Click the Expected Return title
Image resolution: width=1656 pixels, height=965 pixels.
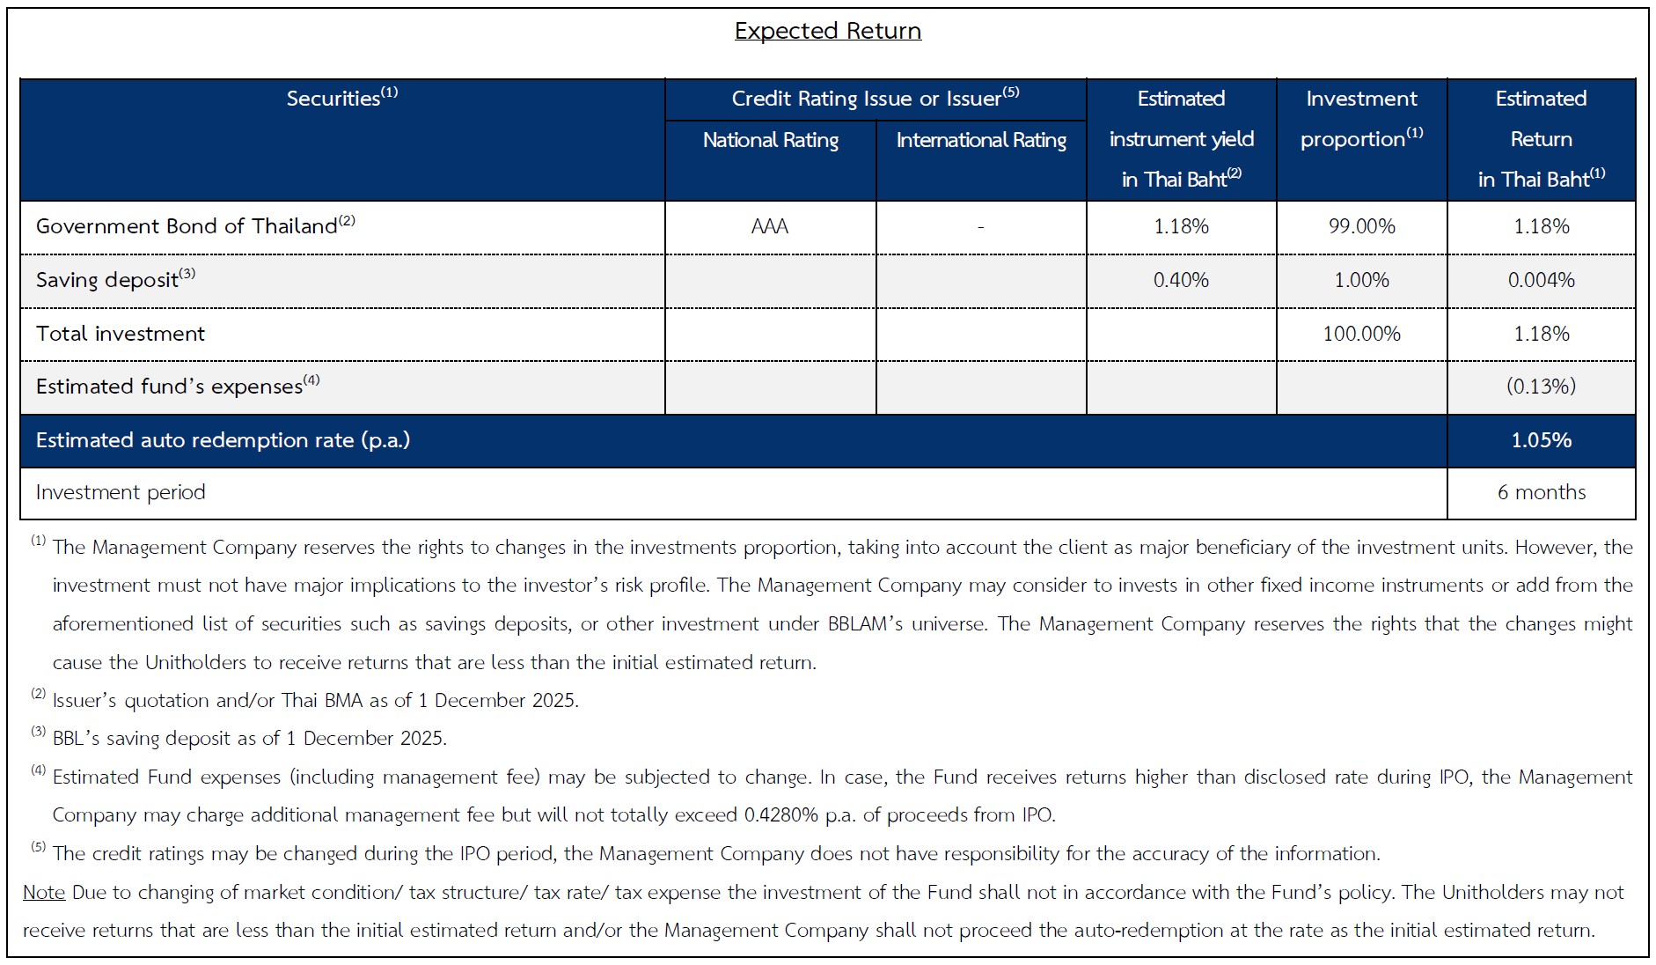tap(827, 31)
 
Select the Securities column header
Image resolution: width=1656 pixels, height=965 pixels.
tap(341, 98)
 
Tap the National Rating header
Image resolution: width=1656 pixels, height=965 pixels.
tap(770, 140)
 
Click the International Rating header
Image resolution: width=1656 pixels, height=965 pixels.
tap(980, 140)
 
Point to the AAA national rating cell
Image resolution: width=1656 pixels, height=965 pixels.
tap(770, 226)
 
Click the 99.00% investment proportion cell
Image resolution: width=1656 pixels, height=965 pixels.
tap(1361, 226)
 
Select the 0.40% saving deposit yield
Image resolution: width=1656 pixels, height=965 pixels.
tap(1181, 280)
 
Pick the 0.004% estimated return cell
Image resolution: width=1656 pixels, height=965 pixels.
tap(1541, 280)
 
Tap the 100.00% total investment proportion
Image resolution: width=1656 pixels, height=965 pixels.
tap(1361, 334)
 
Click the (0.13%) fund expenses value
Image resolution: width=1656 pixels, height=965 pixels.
tap(1541, 387)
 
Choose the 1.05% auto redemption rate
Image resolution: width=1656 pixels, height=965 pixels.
tap(1541, 440)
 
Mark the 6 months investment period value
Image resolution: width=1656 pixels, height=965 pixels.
tap(1541, 492)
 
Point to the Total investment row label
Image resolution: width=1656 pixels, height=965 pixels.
tap(120, 334)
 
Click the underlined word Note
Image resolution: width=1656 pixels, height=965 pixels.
tap(44, 892)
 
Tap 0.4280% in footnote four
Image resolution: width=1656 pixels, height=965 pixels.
tap(780, 815)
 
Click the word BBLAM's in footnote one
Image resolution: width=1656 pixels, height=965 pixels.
tap(864, 624)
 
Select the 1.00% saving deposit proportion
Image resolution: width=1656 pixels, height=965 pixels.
tap(1361, 280)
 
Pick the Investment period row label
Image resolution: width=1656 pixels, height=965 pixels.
tap(121, 492)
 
